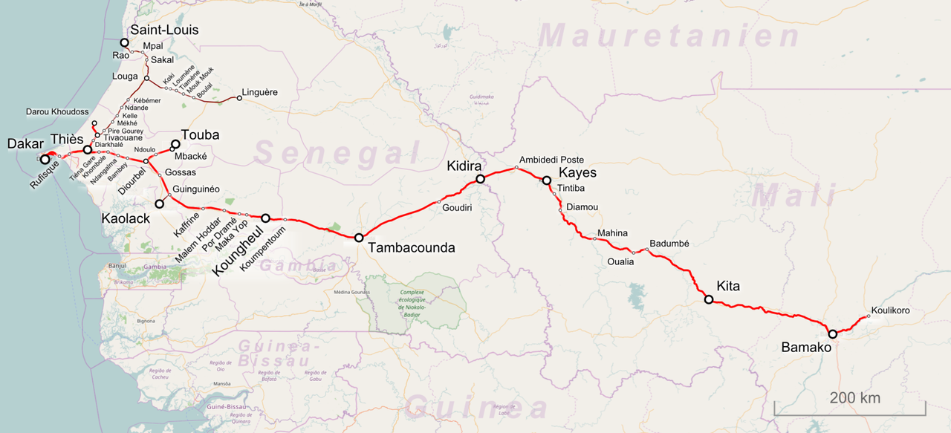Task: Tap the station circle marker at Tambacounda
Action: [x=359, y=238]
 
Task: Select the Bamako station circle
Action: [x=833, y=334]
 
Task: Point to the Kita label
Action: [x=728, y=287]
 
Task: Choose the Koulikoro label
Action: [x=891, y=310]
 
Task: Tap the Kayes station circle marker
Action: [x=546, y=180]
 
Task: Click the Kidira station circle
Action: [x=481, y=179]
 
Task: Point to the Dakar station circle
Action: [x=45, y=159]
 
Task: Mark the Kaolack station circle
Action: [x=159, y=204]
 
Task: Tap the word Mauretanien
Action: [x=670, y=36]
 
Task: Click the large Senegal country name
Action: [x=338, y=154]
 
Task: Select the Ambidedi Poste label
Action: [x=551, y=160]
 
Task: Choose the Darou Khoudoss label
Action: [x=57, y=111]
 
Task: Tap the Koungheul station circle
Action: [x=266, y=218]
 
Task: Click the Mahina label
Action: [x=612, y=232]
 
